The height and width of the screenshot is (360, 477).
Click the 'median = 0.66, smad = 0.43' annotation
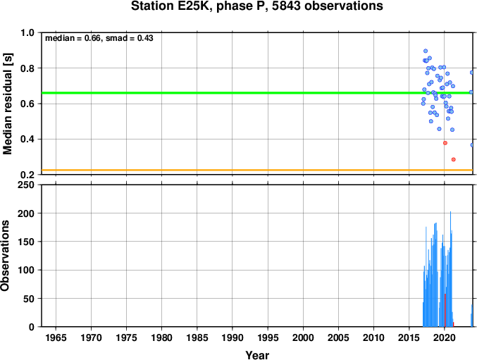pyautogui.click(x=99, y=38)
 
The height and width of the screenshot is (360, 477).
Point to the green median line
pyautogui.click(x=257, y=93)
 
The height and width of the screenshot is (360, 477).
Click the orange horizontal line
pyautogui.click(x=257, y=170)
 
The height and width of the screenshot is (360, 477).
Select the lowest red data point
pyautogui.click(x=454, y=160)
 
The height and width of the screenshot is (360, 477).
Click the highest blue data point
pyautogui.click(x=426, y=51)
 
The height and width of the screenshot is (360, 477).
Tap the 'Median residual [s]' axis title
pyautogui.click(x=7, y=104)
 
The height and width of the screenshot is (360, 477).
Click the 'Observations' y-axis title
pyautogui.click(x=5, y=256)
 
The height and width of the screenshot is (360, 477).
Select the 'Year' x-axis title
pyautogui.click(x=257, y=355)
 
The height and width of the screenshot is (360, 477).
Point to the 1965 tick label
pyautogui.click(x=56, y=337)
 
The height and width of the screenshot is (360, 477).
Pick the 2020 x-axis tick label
pyautogui.click(x=445, y=337)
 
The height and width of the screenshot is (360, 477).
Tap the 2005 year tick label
pyautogui.click(x=339, y=337)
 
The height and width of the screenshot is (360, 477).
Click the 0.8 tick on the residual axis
pyautogui.click(x=27, y=68)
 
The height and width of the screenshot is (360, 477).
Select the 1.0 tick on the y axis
pyautogui.click(x=27, y=32)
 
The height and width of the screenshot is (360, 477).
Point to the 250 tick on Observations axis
pyautogui.click(x=26, y=185)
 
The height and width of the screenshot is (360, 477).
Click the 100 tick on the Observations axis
pyautogui.click(x=26, y=270)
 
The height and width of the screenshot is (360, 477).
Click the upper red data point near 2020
pyautogui.click(x=445, y=143)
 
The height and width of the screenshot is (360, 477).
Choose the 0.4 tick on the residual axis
pyautogui.click(x=27, y=139)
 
